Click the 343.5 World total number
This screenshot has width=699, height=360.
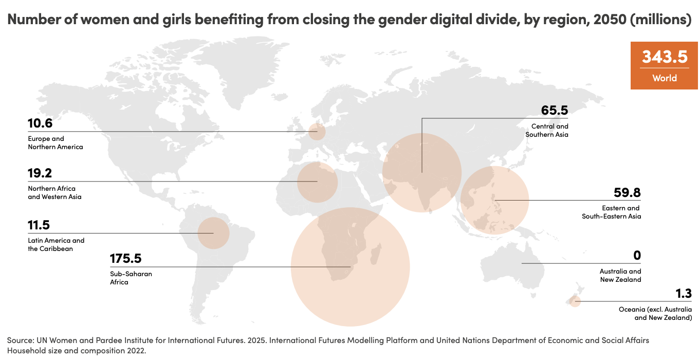coord(665,57)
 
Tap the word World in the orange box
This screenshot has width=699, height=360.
coord(665,78)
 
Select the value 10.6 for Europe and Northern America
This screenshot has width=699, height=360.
coord(40,123)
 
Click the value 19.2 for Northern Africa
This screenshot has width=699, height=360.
coord(40,173)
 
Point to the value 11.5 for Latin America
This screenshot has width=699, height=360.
coord(39,225)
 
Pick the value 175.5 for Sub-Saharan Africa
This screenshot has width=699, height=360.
coord(125,258)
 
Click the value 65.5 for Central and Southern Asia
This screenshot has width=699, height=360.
coord(555,111)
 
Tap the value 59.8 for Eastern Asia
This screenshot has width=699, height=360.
coord(627,193)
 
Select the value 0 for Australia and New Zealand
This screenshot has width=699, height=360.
coord(637,256)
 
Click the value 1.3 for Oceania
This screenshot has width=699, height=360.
coord(684,294)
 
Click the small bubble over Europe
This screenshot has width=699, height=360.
coord(317,132)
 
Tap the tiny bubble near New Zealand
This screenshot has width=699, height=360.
coord(575,301)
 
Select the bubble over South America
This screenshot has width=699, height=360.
coord(213,233)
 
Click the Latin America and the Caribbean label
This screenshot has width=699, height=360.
coord(56,244)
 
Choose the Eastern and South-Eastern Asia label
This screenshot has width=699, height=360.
coord(611,212)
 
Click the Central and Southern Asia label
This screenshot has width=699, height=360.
coord(547,130)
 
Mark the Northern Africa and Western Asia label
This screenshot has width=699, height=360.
coord(54,192)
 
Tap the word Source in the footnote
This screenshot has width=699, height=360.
coord(20,340)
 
